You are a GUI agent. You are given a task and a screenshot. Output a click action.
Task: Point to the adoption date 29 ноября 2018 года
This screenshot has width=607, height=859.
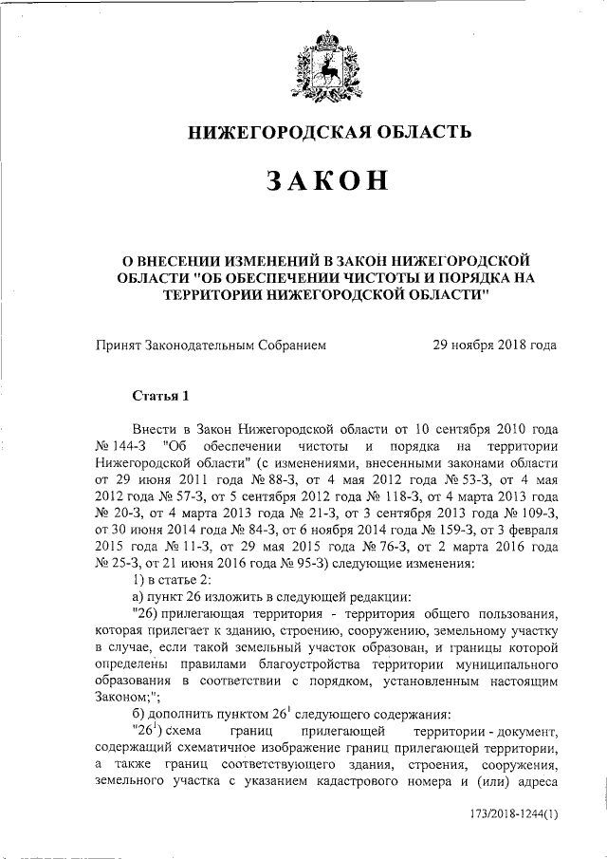coord(494,345)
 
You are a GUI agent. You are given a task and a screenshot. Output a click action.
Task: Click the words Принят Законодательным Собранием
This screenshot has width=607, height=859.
coord(211,345)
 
